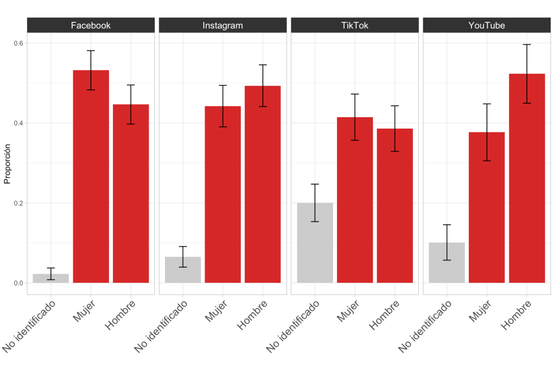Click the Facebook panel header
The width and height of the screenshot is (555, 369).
click(x=91, y=26)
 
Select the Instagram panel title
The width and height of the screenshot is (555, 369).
click(x=222, y=26)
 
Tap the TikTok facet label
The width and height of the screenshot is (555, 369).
click(x=354, y=26)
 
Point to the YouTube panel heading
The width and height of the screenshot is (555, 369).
click(x=487, y=26)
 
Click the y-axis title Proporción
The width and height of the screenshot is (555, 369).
click(x=8, y=163)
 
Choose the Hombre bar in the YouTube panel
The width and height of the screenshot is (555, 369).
click(x=527, y=179)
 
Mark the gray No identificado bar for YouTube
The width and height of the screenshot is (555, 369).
click(x=446, y=263)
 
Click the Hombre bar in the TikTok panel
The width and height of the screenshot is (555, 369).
click(x=395, y=206)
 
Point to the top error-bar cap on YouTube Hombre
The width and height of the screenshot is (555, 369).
click(x=527, y=44)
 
